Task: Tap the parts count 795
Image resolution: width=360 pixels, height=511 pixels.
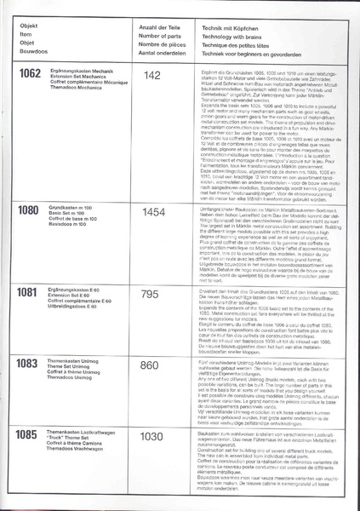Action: click(x=151, y=318)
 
